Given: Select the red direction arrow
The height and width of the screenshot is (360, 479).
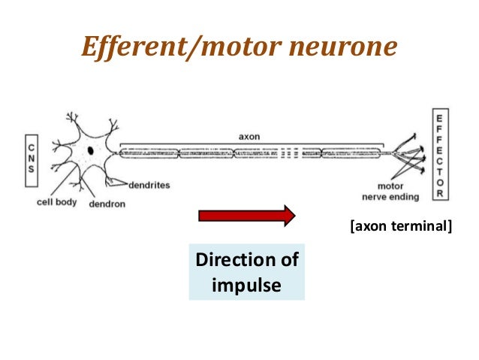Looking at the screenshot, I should coord(246,216).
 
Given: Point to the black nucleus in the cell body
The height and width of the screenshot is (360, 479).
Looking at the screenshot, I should coord(90,151).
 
